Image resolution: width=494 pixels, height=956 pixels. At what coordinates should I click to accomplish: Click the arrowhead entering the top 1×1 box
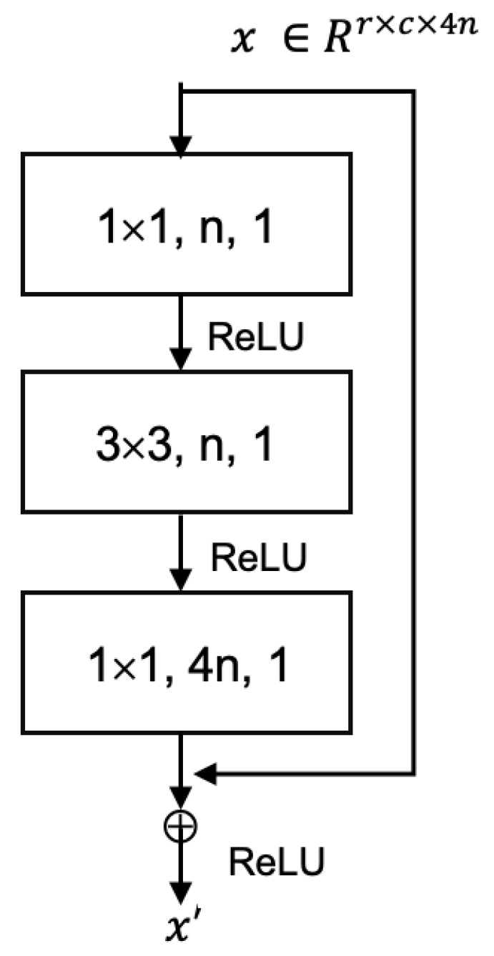tap(182, 143)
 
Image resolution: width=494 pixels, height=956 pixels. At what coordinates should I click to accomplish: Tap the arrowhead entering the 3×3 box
tap(182, 362)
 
